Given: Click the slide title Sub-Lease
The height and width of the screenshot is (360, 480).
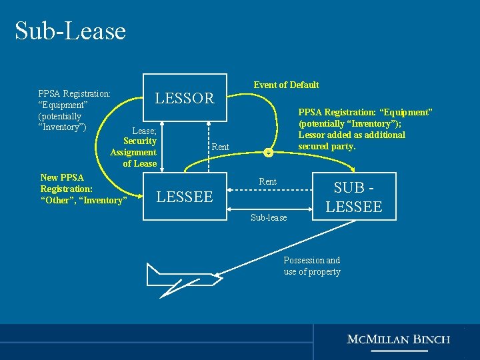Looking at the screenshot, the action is [70, 31].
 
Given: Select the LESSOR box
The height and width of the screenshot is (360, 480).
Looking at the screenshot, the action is [185, 98].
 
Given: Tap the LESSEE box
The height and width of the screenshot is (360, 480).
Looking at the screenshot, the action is [185, 196].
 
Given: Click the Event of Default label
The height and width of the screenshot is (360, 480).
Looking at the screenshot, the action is [286, 85].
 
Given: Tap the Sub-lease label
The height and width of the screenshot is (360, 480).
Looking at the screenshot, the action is [269, 218].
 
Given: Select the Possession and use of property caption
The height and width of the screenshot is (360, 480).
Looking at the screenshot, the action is [312, 266].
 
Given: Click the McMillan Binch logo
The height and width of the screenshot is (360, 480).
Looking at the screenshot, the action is [398, 339].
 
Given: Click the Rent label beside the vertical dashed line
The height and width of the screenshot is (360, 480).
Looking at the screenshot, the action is [220, 147].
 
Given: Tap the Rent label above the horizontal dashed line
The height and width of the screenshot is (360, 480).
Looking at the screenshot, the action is [267, 181].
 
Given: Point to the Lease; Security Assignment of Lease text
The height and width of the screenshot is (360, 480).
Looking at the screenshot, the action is [135, 147].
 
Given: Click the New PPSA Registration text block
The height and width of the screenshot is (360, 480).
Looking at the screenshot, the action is [83, 189].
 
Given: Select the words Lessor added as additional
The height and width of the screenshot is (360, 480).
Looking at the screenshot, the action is [351, 135].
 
